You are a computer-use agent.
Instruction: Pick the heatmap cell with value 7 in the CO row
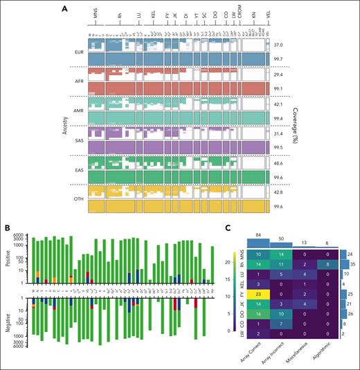282,326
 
